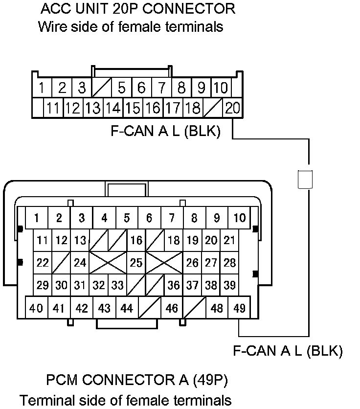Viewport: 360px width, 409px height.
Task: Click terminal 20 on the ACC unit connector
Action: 232,108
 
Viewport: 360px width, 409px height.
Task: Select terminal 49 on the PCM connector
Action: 240,308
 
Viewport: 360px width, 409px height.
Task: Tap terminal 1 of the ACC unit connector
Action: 43,89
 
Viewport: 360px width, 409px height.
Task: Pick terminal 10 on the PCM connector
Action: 240,218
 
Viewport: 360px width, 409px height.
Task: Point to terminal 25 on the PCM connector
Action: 136,263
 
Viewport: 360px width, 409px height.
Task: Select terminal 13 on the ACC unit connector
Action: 92,108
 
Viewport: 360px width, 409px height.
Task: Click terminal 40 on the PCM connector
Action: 36,308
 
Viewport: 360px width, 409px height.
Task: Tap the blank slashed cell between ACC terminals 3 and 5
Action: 102,89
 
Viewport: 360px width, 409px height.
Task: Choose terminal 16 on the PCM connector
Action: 136,240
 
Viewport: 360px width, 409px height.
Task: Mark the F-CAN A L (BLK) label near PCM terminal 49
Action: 288,351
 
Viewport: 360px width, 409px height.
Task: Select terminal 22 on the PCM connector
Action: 43,263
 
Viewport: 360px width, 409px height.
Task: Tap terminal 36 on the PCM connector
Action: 173,285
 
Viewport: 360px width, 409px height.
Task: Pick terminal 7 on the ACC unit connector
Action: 161,89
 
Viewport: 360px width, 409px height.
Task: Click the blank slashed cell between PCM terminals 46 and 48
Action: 194,308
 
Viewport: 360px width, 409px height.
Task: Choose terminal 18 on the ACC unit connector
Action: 193,108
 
